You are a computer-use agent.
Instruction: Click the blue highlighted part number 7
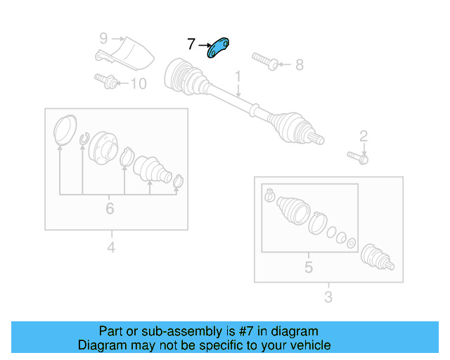(218, 48)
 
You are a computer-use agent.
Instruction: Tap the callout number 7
(191, 44)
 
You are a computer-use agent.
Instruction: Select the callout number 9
(103, 38)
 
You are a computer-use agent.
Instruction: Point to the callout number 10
(139, 84)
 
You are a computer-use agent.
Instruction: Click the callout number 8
(300, 65)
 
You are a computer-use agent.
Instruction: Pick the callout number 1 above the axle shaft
(238, 77)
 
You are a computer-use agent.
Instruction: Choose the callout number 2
(364, 136)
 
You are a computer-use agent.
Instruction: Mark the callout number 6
(110, 208)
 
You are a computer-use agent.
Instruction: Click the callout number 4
(111, 247)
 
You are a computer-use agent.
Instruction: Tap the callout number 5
(309, 267)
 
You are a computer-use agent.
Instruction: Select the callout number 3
(328, 297)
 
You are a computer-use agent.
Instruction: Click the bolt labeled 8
(265, 61)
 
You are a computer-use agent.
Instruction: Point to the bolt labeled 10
(105, 81)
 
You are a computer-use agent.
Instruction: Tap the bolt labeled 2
(358, 157)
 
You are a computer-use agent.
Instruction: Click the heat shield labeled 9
(125, 55)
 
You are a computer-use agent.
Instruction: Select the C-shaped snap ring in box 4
(84, 139)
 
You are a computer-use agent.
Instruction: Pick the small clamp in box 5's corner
(269, 195)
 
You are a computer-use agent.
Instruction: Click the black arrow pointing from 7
(205, 46)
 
